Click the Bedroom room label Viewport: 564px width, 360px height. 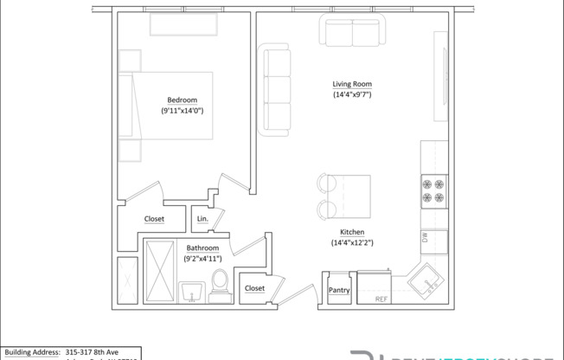coord(182,100)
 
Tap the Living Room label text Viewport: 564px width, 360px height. coord(352,84)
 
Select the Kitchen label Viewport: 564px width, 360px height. coord(351,233)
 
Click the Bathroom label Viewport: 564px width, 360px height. coord(202,248)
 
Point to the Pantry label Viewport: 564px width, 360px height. coord(339,291)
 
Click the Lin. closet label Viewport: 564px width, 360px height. coord(202,220)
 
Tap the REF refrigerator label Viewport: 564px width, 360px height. coord(381,299)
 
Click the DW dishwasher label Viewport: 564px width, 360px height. coord(425,236)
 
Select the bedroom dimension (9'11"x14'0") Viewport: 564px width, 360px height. coord(182,111)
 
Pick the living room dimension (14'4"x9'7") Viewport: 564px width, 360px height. coord(352,94)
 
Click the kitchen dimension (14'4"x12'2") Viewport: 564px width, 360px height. coord(351,243)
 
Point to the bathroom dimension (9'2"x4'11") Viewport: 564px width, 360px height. coord(202,259)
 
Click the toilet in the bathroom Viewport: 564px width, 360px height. coord(220,285)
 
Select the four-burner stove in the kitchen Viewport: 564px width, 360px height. coord(433,190)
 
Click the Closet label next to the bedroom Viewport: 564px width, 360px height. coord(154,219)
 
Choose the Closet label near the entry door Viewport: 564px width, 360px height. coord(254,288)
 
